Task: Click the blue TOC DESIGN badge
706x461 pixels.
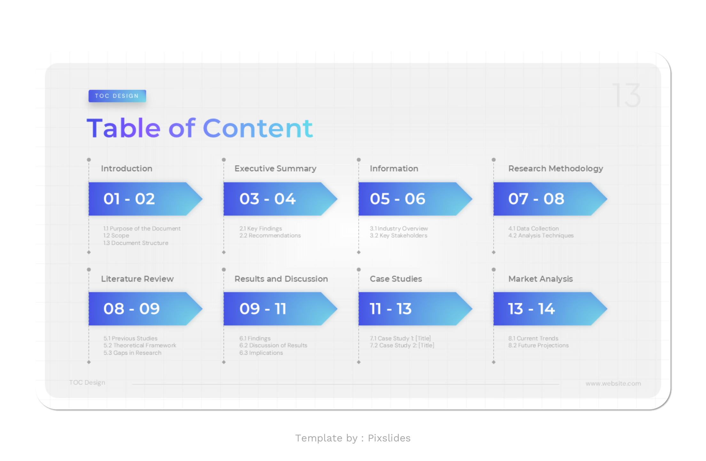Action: [117, 96]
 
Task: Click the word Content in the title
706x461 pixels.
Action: [258, 128]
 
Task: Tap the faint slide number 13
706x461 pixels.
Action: [626, 95]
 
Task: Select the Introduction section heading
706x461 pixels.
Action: [127, 169]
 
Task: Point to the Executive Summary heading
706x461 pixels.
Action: [275, 169]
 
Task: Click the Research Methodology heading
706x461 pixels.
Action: [555, 169]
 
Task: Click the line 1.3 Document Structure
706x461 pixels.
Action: [136, 243]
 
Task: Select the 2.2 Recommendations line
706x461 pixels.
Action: [270, 236]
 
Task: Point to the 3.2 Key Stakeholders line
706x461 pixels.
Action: [398, 236]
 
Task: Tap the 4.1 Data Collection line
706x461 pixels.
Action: [533, 229]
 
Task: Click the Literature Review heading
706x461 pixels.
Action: [137, 279]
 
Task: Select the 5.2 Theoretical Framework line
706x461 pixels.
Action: [140, 345]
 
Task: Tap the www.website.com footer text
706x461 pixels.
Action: [613, 384]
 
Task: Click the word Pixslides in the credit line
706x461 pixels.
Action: [389, 438]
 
